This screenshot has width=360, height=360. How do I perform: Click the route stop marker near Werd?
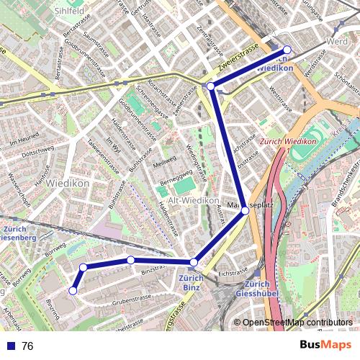click(287, 50)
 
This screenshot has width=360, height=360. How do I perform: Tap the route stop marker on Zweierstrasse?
click(211, 86)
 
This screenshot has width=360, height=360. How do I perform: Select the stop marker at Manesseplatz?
click(245, 210)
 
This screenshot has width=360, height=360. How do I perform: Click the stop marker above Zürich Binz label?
click(194, 262)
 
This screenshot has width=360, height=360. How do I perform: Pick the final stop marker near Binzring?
click(73, 291)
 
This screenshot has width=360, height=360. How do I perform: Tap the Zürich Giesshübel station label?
click(256, 288)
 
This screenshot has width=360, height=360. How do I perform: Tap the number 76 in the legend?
click(27, 346)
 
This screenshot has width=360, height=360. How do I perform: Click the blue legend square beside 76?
click(9, 346)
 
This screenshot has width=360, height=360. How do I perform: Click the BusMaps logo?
click(325, 345)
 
